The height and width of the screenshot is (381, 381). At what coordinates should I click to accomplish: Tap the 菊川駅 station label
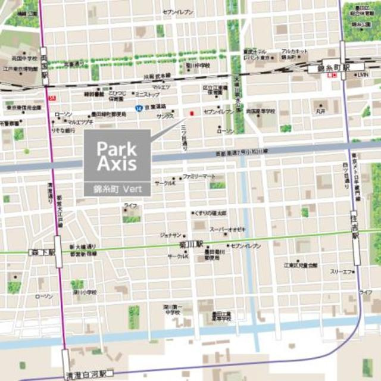point(191,244)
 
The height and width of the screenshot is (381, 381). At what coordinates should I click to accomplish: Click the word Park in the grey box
point(118,148)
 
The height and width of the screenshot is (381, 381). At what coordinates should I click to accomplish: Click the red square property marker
point(191,113)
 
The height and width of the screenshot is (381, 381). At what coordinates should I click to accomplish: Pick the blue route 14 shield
point(138,108)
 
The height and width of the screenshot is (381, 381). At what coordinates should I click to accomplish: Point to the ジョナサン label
point(170,236)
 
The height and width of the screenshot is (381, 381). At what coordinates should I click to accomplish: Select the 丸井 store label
point(322,111)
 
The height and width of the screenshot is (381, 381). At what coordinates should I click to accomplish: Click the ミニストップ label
point(146,94)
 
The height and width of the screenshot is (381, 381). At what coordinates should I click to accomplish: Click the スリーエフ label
point(342,271)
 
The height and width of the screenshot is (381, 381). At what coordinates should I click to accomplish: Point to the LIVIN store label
point(363,75)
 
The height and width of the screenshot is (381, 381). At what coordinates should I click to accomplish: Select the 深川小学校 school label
point(85,292)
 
